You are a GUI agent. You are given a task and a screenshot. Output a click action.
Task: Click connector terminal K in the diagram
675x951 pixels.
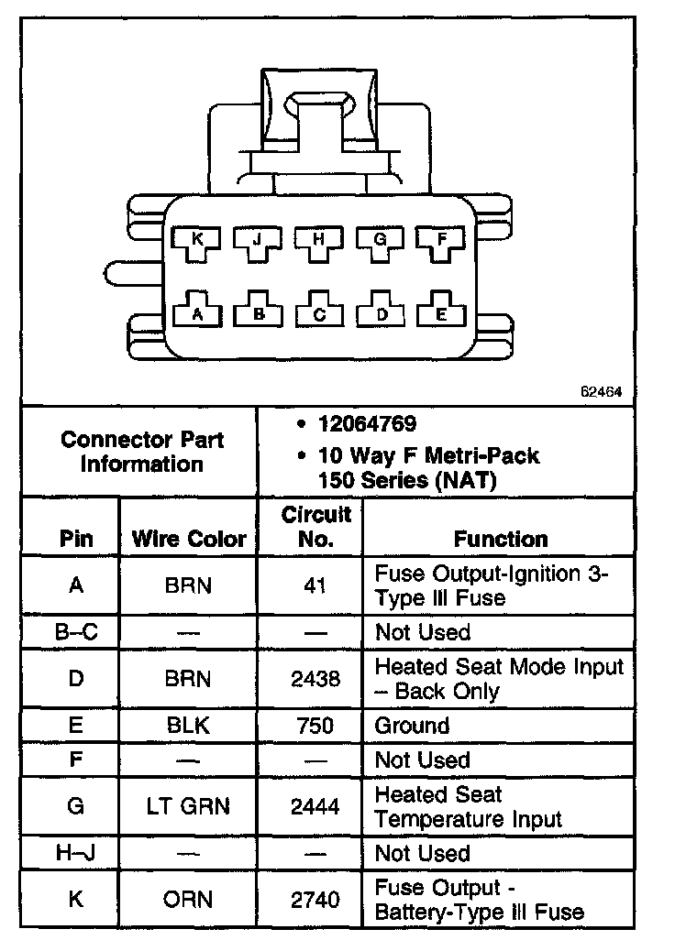click(196, 241)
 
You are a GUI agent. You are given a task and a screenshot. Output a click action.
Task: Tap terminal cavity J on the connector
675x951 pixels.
click(258, 241)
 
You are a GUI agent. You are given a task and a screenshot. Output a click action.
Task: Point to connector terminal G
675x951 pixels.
click(381, 241)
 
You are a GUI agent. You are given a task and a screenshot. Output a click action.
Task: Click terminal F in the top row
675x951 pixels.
click(442, 241)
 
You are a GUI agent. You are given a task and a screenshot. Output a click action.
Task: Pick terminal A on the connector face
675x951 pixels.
click(196, 313)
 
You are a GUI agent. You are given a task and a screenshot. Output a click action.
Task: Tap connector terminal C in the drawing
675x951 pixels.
click(319, 313)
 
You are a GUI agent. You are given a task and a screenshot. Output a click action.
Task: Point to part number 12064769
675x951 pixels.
click(368, 424)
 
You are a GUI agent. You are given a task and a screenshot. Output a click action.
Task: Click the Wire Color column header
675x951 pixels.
click(189, 539)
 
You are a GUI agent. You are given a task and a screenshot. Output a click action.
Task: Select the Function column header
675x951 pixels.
click(501, 539)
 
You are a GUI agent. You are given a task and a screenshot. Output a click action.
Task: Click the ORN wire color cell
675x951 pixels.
click(188, 900)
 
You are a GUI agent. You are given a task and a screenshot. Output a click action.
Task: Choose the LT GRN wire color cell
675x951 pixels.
click(188, 807)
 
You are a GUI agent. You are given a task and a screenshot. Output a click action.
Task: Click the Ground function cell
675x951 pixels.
click(412, 726)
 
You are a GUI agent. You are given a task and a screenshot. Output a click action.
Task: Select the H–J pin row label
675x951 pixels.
click(76, 853)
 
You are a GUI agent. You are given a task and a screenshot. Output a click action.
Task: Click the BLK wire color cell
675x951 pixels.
click(188, 726)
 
